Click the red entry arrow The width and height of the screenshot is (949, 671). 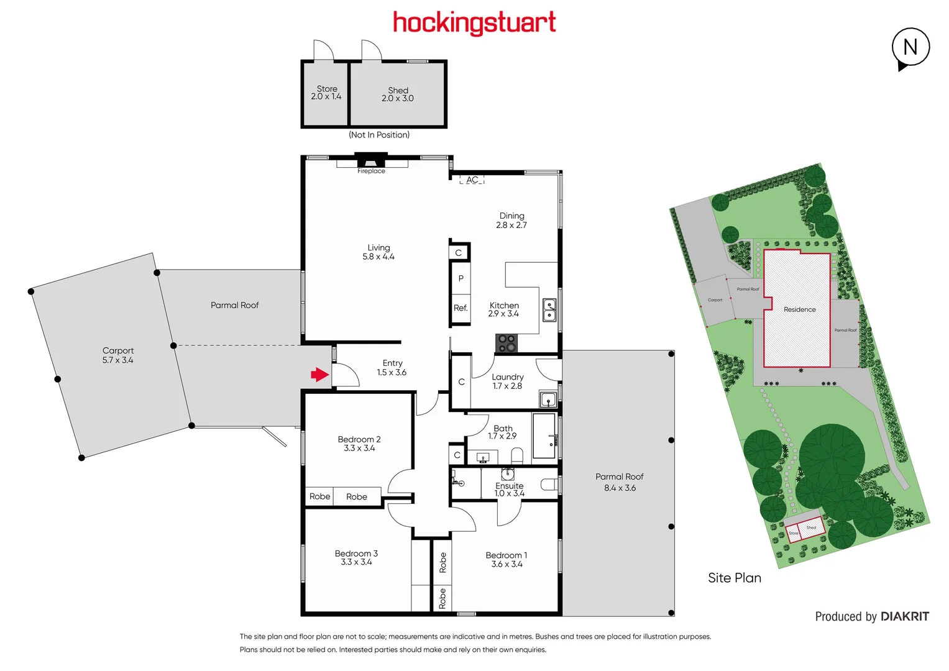[319, 374]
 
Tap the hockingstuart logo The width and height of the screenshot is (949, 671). [474, 23]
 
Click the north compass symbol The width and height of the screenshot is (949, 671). [910, 48]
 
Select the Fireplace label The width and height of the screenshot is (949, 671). [371, 171]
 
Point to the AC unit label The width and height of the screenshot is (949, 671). [472, 180]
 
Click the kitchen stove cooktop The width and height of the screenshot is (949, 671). [507, 343]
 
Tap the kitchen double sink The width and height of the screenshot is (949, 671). [549, 310]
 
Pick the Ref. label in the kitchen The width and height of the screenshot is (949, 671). [461, 308]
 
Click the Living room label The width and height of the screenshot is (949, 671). [378, 252]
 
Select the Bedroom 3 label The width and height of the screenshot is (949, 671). [356, 557]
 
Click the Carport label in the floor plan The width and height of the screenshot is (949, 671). [118, 355]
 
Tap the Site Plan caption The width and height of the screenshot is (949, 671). [734, 578]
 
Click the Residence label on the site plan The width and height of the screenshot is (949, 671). [799, 309]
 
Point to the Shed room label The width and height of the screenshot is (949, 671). [398, 94]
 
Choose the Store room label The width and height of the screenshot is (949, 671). [327, 93]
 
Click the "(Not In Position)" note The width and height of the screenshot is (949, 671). [379, 135]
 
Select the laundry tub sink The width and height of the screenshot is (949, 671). [548, 399]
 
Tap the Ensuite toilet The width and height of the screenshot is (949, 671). [549, 484]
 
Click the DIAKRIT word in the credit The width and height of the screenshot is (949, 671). [905, 616]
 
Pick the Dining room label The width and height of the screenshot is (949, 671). [511, 220]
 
